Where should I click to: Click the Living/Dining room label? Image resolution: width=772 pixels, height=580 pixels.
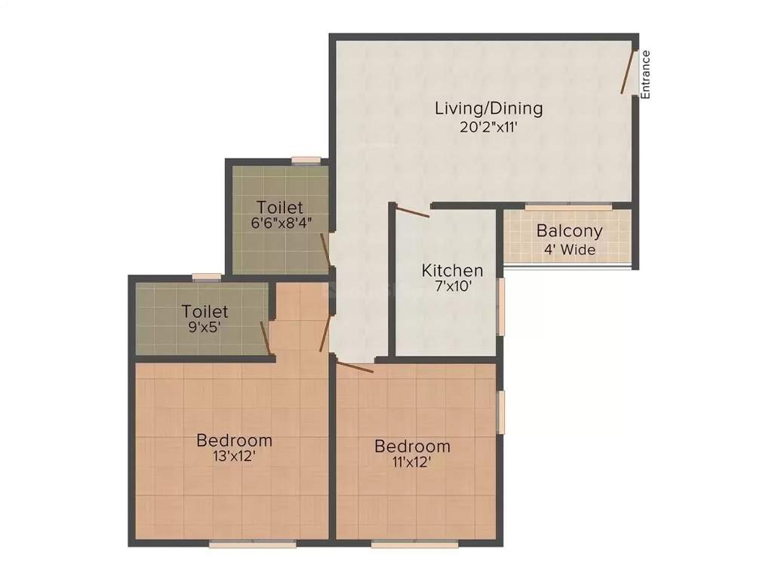pos(488,108)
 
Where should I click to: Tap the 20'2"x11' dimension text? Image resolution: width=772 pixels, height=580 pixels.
pos(488,127)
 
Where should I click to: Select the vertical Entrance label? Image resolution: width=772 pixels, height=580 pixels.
pos(645,74)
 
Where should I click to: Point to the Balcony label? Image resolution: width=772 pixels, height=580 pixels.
pos(569,231)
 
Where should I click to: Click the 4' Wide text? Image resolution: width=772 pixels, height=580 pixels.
pos(569,249)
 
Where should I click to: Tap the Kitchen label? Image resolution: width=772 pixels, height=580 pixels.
pos(452,270)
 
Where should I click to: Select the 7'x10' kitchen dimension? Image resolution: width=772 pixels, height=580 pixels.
pos(452,287)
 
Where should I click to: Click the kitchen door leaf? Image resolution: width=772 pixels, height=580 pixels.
pos(414,212)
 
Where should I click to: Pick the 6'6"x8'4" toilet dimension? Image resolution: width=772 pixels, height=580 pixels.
pos(281,223)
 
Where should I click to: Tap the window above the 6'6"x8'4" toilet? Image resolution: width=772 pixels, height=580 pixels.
pos(306,160)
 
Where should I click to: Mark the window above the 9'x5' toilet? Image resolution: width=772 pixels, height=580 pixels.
pos(206,277)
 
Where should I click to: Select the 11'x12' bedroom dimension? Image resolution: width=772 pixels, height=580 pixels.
pos(412,462)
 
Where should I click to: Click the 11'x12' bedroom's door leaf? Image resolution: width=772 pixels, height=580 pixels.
pos(354,368)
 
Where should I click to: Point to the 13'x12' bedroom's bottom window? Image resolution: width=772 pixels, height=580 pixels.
pos(241,542)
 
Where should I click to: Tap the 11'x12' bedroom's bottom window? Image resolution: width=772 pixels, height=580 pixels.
pos(404,542)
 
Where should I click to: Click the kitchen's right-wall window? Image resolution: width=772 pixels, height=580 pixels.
pos(500,306)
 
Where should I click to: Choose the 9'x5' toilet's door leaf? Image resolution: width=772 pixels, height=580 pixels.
pos(266,338)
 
